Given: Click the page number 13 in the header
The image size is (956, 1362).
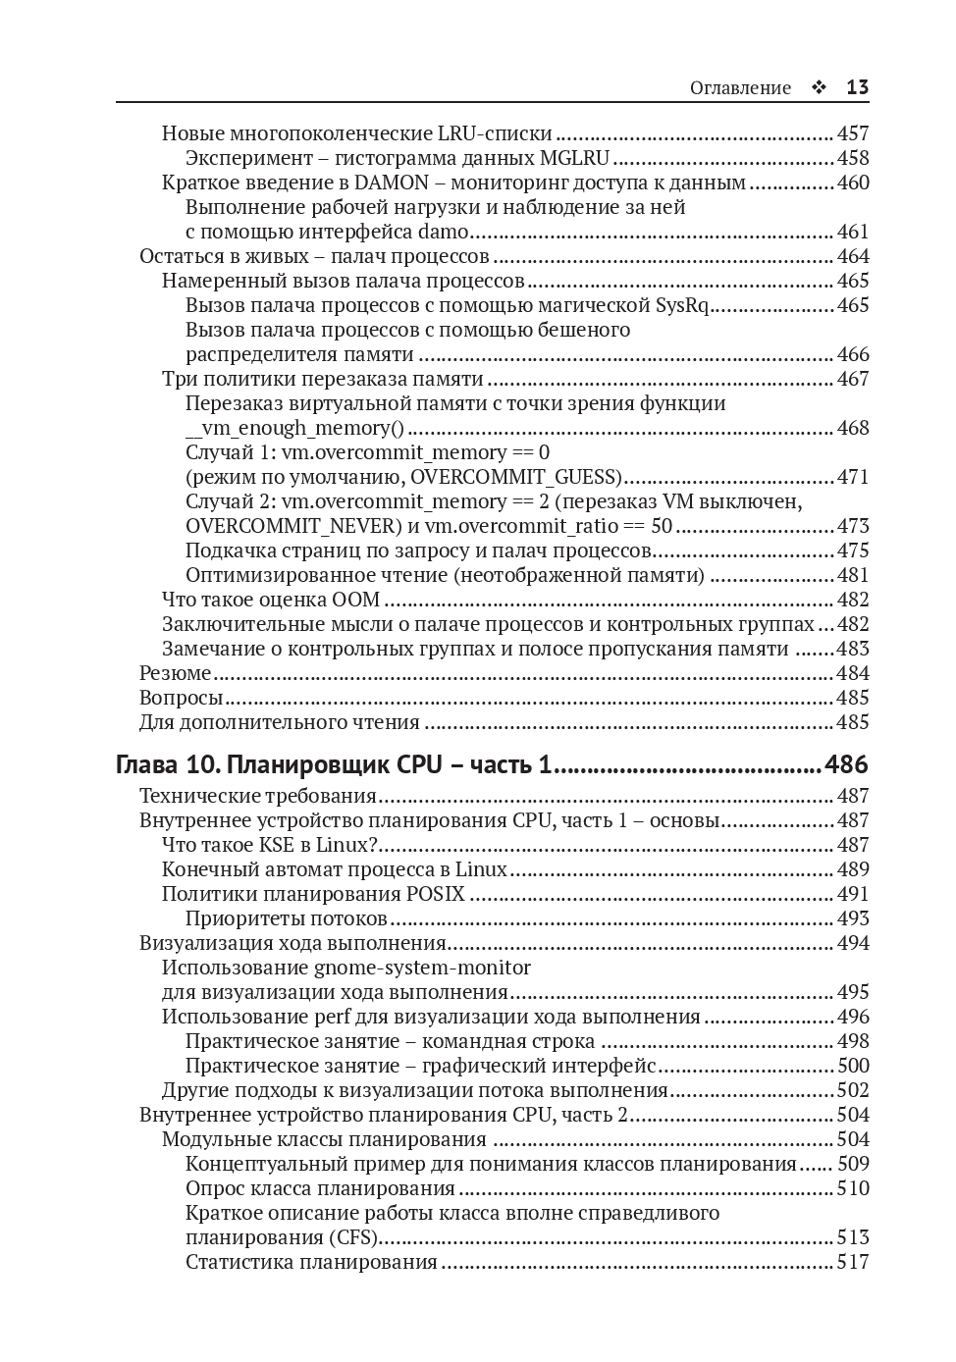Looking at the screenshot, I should click(857, 87).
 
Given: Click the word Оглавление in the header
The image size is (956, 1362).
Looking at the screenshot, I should click(740, 87).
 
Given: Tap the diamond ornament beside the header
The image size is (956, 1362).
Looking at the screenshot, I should click(819, 87).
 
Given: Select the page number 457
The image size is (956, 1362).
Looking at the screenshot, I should click(852, 133).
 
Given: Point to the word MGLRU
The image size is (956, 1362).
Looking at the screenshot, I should click(575, 158).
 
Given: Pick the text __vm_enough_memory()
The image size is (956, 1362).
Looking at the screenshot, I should click(294, 428).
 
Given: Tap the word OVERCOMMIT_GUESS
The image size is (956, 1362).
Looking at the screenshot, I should click(513, 477).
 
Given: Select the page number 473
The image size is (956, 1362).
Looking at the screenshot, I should click(852, 526).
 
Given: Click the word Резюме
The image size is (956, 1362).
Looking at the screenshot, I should click(176, 673).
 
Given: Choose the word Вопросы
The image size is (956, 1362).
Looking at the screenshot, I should click(182, 698).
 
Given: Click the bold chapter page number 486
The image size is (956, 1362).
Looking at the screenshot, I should click(847, 764).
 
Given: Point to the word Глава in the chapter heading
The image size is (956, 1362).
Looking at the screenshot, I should click(147, 764).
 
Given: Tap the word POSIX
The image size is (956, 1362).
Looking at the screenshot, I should click(435, 894).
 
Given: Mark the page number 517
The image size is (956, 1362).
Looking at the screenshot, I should click(852, 1262).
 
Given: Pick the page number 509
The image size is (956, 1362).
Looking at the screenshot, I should click(852, 1164).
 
